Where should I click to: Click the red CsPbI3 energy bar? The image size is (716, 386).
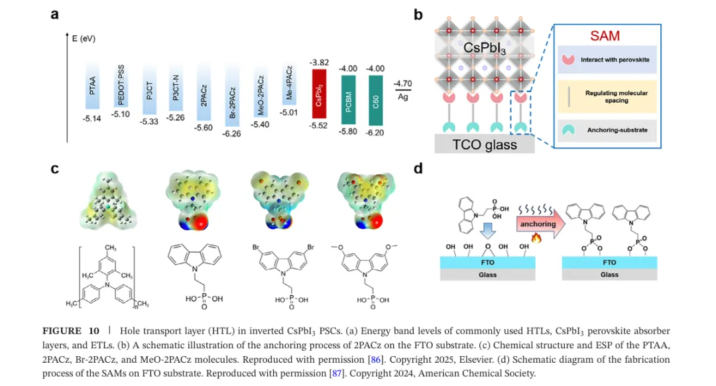(319, 94)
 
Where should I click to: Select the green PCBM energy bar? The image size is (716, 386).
(349, 100)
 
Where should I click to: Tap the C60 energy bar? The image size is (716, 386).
(375, 101)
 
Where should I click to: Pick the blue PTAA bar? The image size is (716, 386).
(92, 86)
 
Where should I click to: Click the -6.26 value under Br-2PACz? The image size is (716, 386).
(231, 134)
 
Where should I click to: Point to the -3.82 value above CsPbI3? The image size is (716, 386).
(319, 62)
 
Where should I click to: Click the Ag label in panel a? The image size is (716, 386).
(403, 97)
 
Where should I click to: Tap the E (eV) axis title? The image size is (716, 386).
(84, 38)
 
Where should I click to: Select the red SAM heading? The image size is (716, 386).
(605, 36)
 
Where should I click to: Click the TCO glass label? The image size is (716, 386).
(485, 145)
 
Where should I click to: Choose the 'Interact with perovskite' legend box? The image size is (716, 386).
(607, 60)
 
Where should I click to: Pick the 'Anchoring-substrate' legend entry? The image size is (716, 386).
(607, 130)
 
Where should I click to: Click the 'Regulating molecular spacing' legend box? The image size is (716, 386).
(607, 96)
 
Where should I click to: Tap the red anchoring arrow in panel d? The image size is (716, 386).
(541, 224)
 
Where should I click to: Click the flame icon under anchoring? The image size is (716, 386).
(536, 238)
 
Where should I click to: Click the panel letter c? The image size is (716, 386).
(55, 168)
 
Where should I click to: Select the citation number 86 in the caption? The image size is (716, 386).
(376, 359)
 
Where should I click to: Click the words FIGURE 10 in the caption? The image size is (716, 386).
(71, 331)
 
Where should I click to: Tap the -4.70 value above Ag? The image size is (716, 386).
(403, 84)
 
